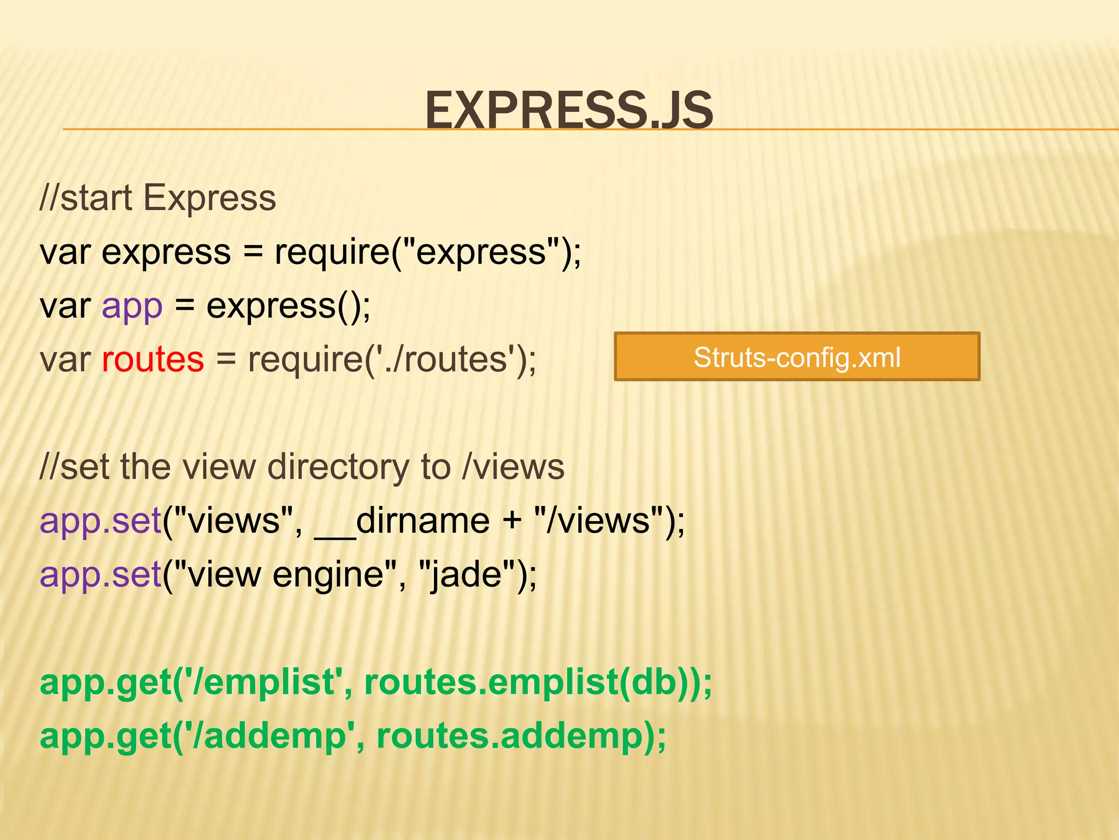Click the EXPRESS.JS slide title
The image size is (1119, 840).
click(x=569, y=110)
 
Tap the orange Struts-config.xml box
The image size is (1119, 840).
click(x=797, y=357)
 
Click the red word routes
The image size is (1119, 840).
click(x=153, y=359)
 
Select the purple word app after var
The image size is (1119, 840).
click(x=132, y=306)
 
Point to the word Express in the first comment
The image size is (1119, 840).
click(x=210, y=197)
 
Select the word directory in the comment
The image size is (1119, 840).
click(x=338, y=467)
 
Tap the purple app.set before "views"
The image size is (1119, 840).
click(x=101, y=521)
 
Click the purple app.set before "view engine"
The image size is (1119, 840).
click(x=101, y=574)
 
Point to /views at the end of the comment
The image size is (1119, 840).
click(x=513, y=467)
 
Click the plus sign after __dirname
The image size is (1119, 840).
click(x=512, y=521)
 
